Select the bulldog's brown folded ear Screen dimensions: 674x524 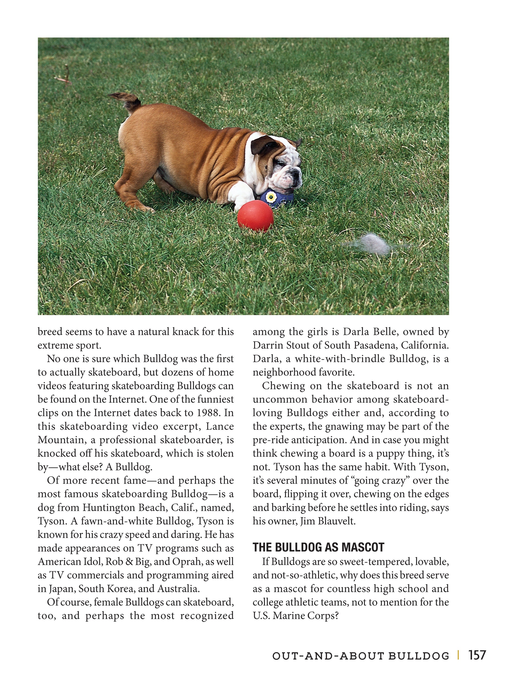[262, 144]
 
